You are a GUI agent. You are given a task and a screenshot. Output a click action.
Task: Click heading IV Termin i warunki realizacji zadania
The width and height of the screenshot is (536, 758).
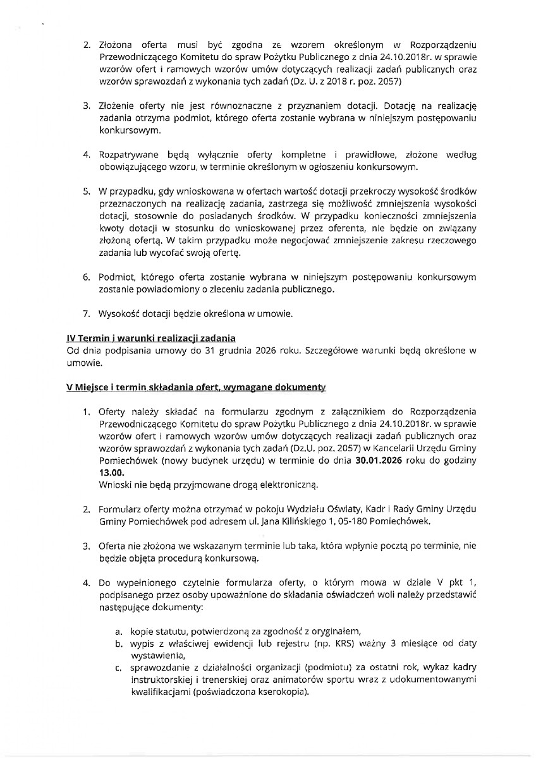151,339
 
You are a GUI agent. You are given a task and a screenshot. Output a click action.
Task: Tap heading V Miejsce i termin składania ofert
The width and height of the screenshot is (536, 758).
169,387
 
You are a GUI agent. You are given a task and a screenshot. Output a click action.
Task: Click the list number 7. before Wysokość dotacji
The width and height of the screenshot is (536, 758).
88,314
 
